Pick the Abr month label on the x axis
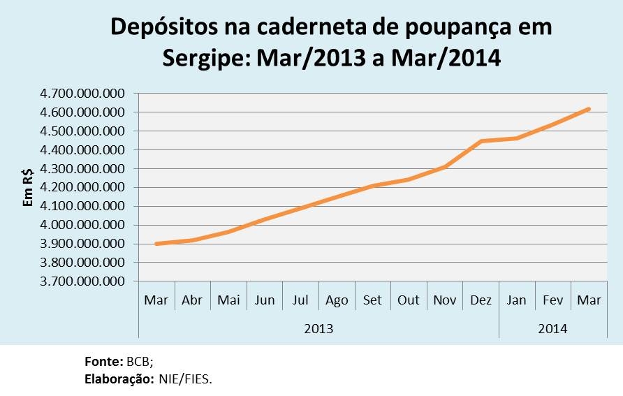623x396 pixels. click(192, 300)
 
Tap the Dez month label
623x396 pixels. click(481, 300)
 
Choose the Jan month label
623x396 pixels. click(517, 300)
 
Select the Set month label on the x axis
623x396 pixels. click(372, 300)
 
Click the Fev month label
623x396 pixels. click(553, 300)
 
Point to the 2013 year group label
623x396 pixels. click(318, 328)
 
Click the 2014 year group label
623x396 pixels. click(552, 328)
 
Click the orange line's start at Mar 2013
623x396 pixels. click(156, 244)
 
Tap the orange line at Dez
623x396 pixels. click(481, 141)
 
